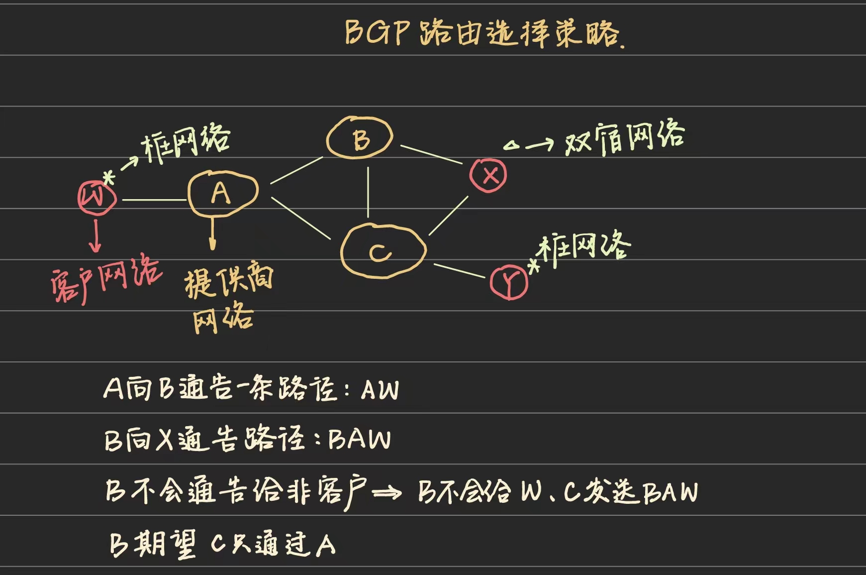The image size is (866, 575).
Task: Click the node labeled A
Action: [x=222, y=193]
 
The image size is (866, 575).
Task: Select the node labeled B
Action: [x=360, y=138]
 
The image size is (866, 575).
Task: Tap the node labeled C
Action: [x=383, y=251]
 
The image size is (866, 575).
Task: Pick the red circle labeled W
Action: [x=96, y=198]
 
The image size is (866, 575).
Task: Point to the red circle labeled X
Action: [x=488, y=175]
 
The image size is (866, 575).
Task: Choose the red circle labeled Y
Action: [x=508, y=282]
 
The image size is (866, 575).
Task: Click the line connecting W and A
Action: [x=154, y=200]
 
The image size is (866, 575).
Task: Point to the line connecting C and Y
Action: [x=459, y=271]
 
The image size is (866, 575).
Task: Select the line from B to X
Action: [x=431, y=154]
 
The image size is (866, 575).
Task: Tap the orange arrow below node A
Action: [x=213, y=233]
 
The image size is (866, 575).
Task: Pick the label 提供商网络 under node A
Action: [x=226, y=299]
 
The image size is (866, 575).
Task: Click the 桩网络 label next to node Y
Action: [x=584, y=247]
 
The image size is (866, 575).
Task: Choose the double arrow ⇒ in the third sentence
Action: [x=386, y=493]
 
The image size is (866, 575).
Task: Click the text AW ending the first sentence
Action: [x=380, y=390]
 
